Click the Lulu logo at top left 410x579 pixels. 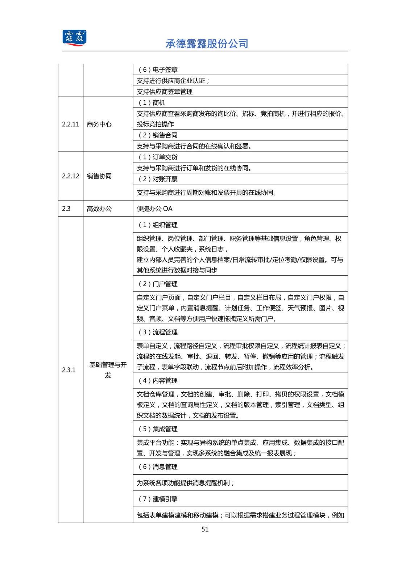coord(74,38)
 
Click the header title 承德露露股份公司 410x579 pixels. coord(207,44)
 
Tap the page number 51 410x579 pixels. coord(205,529)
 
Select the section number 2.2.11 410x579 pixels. coord(70,124)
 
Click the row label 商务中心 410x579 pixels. coord(99,124)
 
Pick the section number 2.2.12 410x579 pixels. coord(70,176)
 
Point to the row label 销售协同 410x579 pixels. coord(99,176)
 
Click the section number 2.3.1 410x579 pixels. coord(69,370)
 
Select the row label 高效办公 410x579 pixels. coord(99,208)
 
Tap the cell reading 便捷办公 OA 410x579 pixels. coord(154,208)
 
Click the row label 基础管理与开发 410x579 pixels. coord(108,370)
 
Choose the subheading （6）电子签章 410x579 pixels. coord(157,69)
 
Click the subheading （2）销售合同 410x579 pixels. coord(157,135)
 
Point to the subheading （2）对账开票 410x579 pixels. coord(157,179)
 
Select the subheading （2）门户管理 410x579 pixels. coord(157,284)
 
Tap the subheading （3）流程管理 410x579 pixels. coord(157,332)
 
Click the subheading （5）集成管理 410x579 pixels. coord(157,429)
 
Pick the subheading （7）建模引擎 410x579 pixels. coord(157,499)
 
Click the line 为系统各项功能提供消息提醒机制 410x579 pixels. coord(185,483)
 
